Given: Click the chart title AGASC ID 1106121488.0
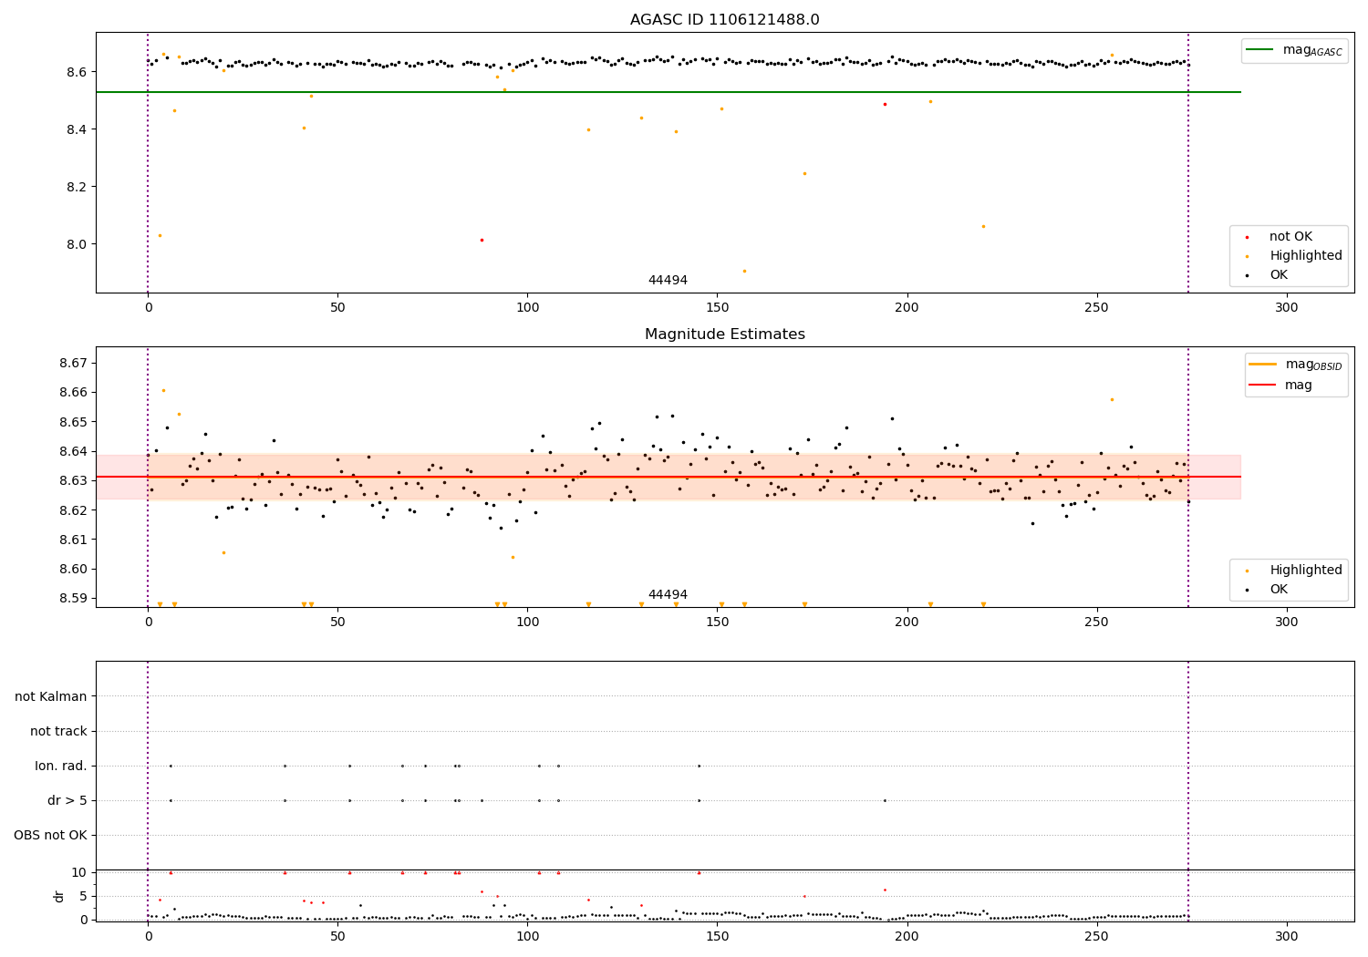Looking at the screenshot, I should (x=724, y=20).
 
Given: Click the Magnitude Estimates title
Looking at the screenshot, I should (x=724, y=334).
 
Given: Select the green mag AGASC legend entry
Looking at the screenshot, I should (x=1294, y=50).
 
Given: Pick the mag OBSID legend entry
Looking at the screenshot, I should (x=1296, y=365).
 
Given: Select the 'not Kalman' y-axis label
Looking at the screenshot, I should (x=51, y=696).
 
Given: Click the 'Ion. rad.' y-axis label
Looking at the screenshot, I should (x=61, y=766).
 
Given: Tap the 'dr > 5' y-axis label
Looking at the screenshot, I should (x=67, y=800).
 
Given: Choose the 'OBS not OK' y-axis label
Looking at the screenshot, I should (x=51, y=835).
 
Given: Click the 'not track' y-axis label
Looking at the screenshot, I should (x=58, y=731).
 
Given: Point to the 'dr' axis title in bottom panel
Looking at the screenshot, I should (x=59, y=896).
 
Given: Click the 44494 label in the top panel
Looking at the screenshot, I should (x=668, y=280).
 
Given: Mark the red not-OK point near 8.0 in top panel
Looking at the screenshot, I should (x=482, y=240).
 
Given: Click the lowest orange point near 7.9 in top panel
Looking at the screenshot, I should (x=744, y=271).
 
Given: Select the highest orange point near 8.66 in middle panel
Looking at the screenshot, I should (x=163, y=390).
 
